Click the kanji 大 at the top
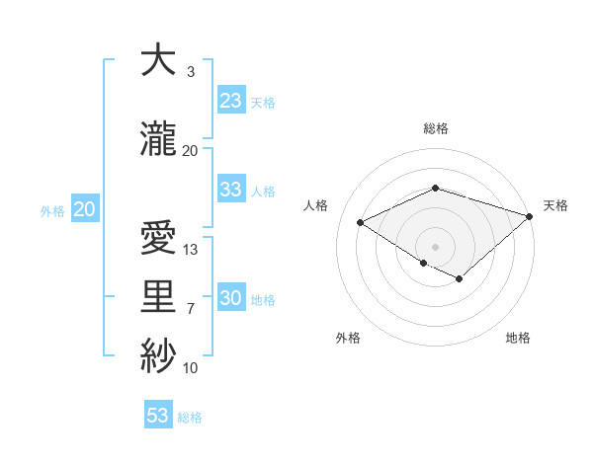click(159, 61)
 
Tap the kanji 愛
click(159, 240)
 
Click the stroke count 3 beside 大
click(190, 72)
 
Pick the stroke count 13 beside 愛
click(191, 250)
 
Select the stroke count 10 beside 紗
click(191, 368)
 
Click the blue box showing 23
click(231, 101)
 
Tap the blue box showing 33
click(231, 190)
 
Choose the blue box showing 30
click(231, 298)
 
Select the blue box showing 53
click(158, 416)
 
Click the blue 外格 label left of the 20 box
click(52, 210)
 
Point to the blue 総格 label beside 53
click(190, 418)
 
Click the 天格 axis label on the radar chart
click(555, 205)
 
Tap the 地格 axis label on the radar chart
click(518, 338)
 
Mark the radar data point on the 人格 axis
click(361, 223)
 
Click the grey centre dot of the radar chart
click(435, 245)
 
